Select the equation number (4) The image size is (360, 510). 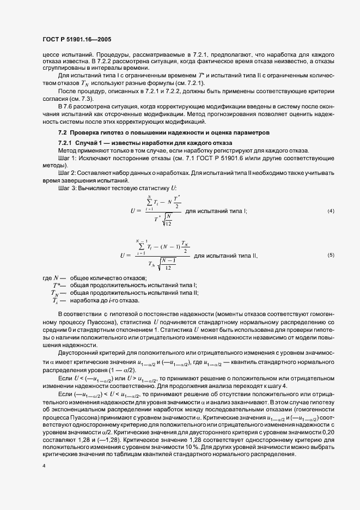click(331, 210)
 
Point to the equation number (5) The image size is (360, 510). click(331, 255)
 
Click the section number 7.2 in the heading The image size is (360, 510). click(62, 132)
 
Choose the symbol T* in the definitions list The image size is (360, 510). click(57, 286)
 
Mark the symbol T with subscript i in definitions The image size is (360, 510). click(55, 300)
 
